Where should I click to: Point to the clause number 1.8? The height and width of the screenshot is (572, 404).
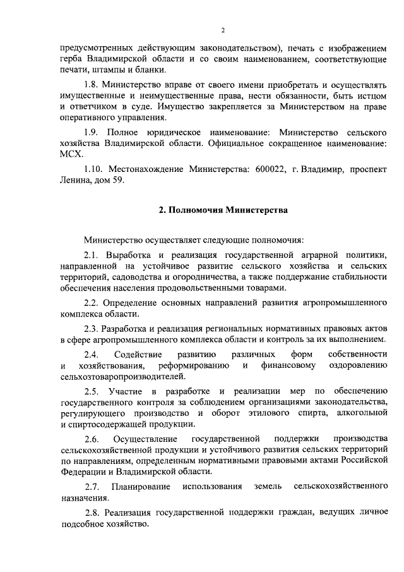93,83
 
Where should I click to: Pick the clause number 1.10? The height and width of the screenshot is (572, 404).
95,169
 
